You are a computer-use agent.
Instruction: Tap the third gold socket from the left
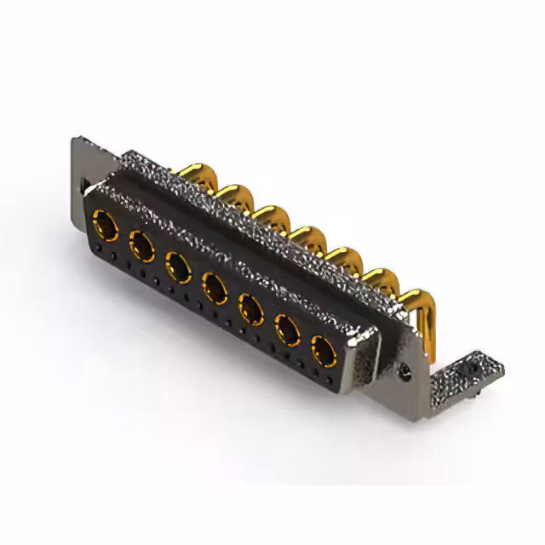177,267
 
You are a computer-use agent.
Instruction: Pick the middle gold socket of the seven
214,285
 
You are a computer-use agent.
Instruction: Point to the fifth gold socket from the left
250,306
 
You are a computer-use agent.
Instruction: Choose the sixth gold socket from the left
286,327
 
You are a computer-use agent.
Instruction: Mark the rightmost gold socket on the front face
323,347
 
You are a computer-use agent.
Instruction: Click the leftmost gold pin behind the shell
193,175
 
